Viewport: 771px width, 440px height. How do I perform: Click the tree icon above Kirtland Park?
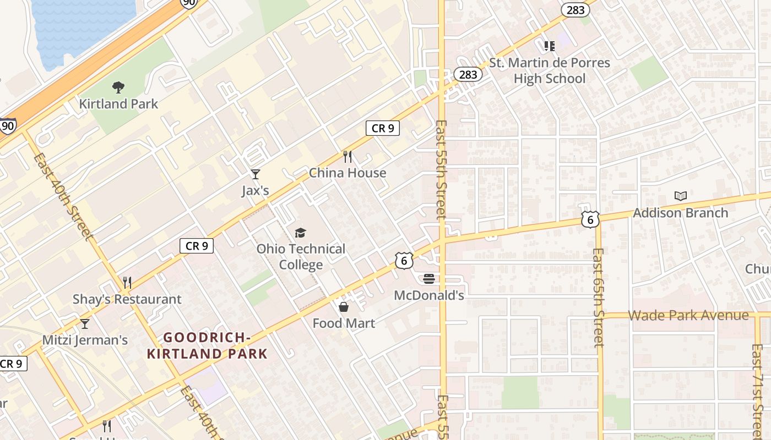(118, 87)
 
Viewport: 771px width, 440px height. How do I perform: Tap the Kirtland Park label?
(118, 103)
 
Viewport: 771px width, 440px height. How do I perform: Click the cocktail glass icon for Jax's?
(256, 174)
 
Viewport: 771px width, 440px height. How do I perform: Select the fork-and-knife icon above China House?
(348, 157)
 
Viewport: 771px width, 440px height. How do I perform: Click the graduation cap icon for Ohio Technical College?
(300, 233)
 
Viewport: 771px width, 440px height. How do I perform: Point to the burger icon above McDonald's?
(429, 279)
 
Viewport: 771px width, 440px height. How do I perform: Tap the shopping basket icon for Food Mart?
(344, 307)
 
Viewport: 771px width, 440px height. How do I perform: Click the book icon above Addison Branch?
(681, 196)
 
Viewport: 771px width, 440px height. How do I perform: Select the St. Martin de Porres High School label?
(550, 70)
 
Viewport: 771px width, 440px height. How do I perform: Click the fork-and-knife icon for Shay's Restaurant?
(127, 283)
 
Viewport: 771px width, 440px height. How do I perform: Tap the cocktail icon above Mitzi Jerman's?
(85, 323)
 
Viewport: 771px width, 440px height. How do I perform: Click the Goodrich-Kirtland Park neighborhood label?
(207, 345)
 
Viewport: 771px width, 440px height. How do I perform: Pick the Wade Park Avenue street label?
(688, 315)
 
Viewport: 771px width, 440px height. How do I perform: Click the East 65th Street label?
(599, 297)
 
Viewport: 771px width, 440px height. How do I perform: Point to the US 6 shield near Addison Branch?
(590, 220)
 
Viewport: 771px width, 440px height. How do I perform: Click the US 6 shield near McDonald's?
(404, 261)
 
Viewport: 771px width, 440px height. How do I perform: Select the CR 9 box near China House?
(383, 128)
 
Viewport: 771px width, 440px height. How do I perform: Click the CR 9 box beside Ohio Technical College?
(197, 246)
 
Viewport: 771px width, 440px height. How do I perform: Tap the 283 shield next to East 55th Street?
(468, 74)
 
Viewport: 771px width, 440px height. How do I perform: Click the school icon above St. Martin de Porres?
(549, 46)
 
